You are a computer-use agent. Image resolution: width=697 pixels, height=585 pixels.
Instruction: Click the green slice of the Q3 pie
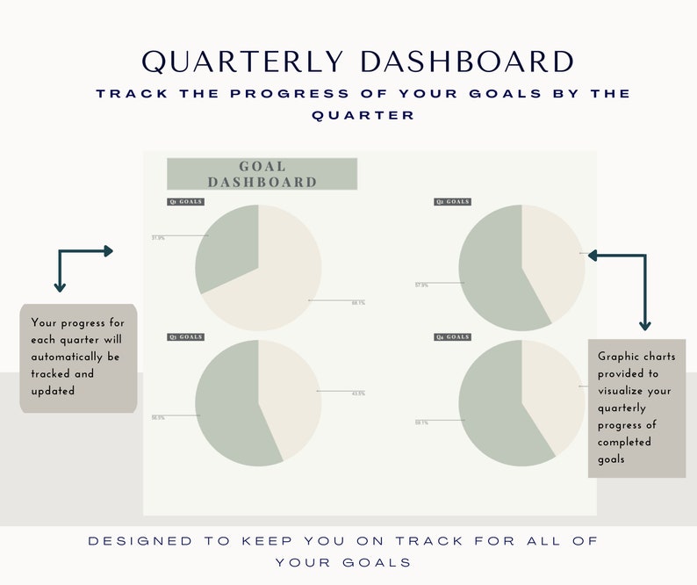click(x=228, y=408)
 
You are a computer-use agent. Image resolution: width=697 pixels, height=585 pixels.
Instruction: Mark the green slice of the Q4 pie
click(x=492, y=408)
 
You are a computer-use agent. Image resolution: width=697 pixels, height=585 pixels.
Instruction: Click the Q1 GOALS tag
click(x=185, y=202)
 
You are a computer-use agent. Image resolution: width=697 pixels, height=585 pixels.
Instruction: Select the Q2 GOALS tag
click(x=453, y=202)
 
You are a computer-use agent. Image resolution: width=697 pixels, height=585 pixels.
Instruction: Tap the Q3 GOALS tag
click(x=185, y=337)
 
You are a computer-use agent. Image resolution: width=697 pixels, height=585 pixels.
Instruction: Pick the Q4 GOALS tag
click(x=453, y=337)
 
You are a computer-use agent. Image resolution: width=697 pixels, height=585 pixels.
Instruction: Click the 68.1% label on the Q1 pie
click(x=358, y=302)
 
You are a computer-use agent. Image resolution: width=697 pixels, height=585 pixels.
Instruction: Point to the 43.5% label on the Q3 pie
click(x=357, y=393)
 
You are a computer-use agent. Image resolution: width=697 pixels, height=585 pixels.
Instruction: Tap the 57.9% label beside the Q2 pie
click(x=421, y=285)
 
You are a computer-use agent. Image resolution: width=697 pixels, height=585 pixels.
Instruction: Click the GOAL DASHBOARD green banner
click(x=262, y=174)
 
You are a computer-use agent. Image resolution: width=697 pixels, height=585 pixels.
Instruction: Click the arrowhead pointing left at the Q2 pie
click(x=593, y=256)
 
